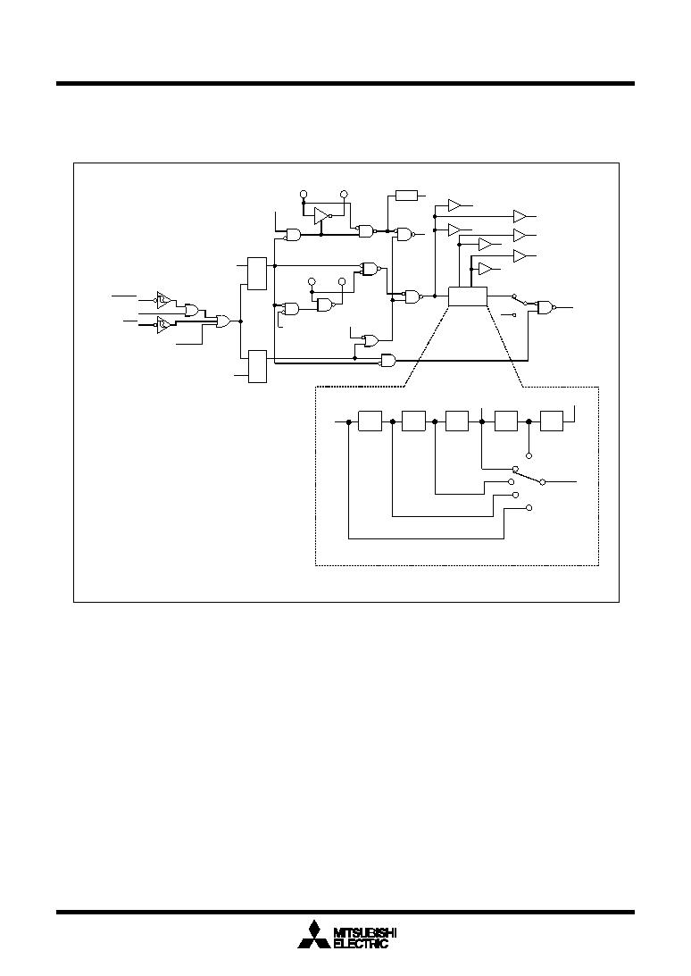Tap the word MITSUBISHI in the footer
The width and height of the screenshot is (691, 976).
tap(365, 932)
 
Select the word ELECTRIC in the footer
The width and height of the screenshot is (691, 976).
tap(361, 944)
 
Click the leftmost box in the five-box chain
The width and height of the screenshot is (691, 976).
tap(370, 421)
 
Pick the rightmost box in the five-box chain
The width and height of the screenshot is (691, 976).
tap(552, 421)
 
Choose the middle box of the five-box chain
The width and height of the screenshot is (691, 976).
tap(457, 421)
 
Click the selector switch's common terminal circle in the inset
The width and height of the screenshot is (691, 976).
tap(542, 482)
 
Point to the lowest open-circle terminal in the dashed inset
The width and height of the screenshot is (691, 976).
tap(529, 508)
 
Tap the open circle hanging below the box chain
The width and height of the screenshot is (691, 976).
tap(529, 455)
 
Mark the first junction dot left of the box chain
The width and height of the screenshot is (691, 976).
tap(349, 421)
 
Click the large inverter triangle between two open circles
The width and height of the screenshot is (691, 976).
tap(321, 215)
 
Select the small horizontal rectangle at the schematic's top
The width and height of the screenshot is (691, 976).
tap(406, 196)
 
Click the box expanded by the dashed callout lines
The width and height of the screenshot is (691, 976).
tap(468, 297)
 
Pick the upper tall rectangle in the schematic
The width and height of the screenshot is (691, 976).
tap(257, 273)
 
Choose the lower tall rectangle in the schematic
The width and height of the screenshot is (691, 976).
tap(257, 367)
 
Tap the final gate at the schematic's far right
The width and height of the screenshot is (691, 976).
tap(546, 307)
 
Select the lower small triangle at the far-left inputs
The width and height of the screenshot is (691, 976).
tap(163, 324)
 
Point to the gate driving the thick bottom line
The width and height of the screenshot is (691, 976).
tap(388, 360)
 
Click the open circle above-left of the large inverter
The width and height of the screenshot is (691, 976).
tap(304, 194)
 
